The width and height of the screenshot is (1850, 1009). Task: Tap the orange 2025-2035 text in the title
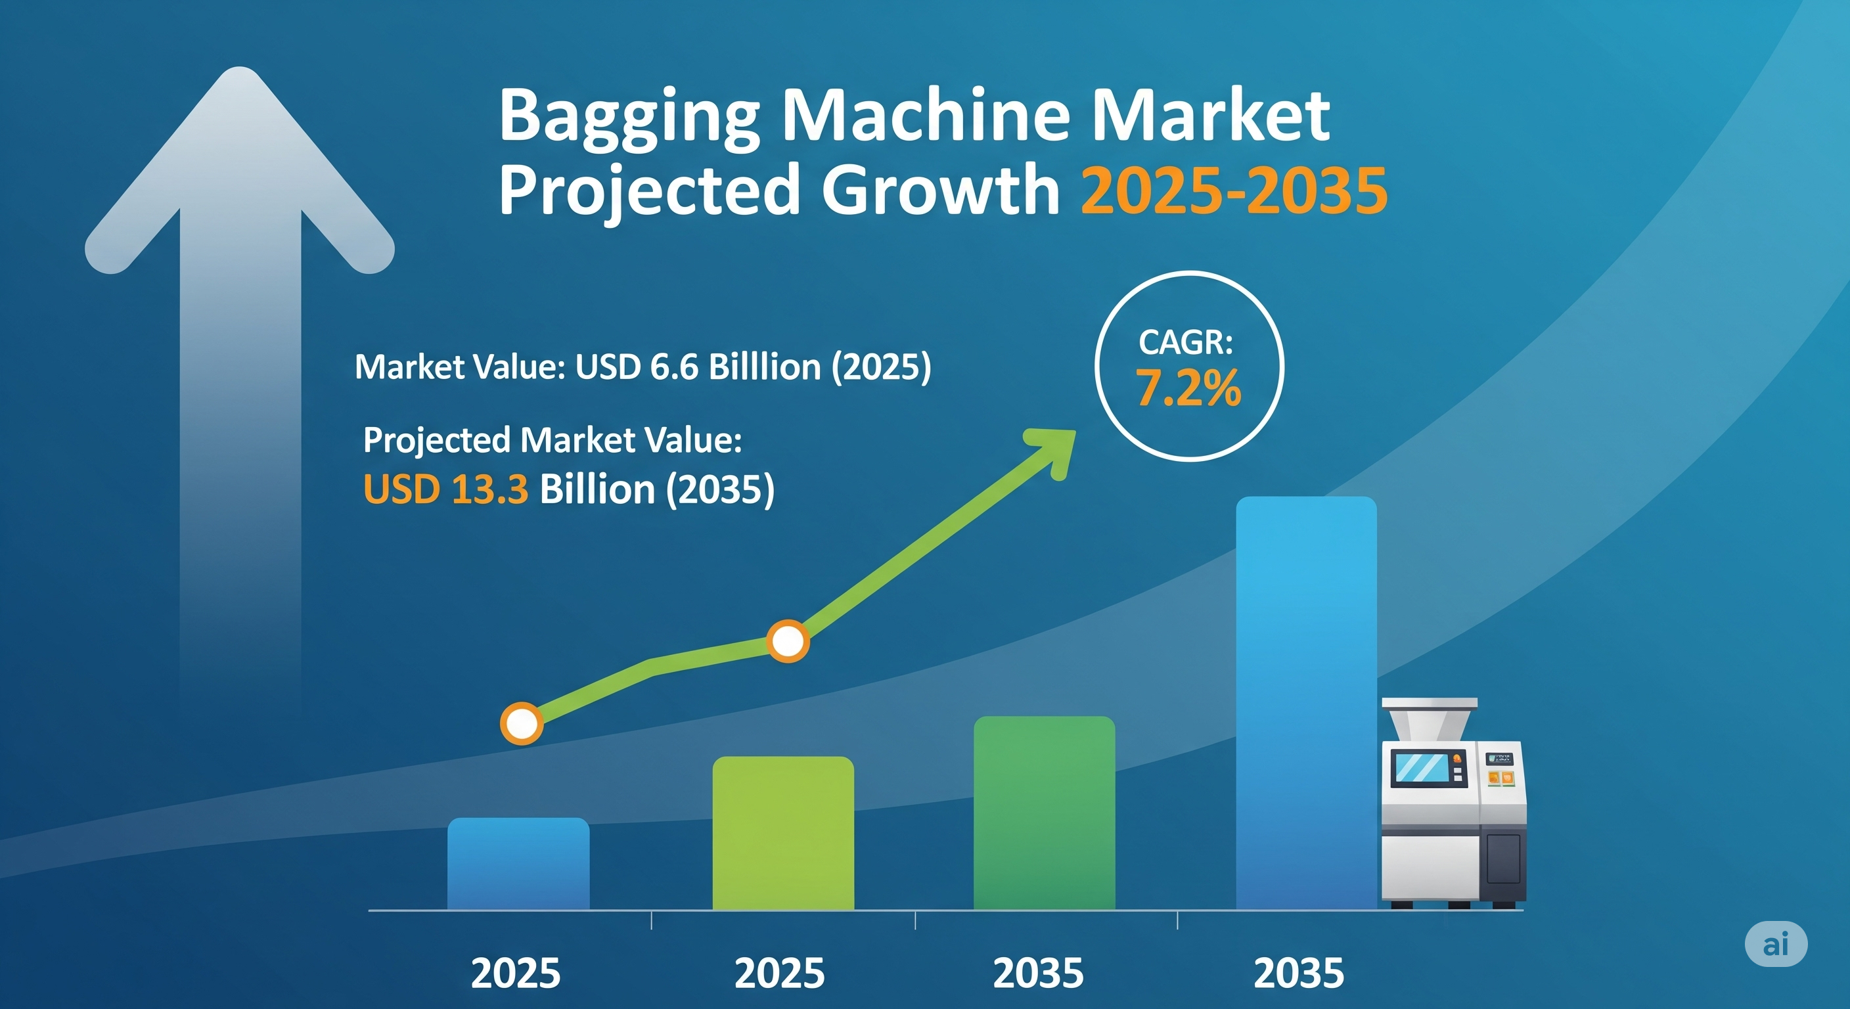1234,191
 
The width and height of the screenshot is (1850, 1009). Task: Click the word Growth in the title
940,189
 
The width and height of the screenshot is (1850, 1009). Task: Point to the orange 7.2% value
1188,388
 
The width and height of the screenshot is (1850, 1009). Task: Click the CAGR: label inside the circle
1186,342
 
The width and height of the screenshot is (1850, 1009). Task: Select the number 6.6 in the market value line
673,367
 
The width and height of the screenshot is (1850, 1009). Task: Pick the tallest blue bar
1306,703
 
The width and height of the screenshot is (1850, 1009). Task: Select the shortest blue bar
518,864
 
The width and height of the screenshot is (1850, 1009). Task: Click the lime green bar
783,833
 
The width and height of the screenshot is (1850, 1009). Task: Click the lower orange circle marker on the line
522,723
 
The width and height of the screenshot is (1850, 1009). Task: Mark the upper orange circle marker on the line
788,640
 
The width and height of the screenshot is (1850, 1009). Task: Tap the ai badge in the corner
1776,944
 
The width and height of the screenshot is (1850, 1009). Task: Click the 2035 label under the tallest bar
1298,974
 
